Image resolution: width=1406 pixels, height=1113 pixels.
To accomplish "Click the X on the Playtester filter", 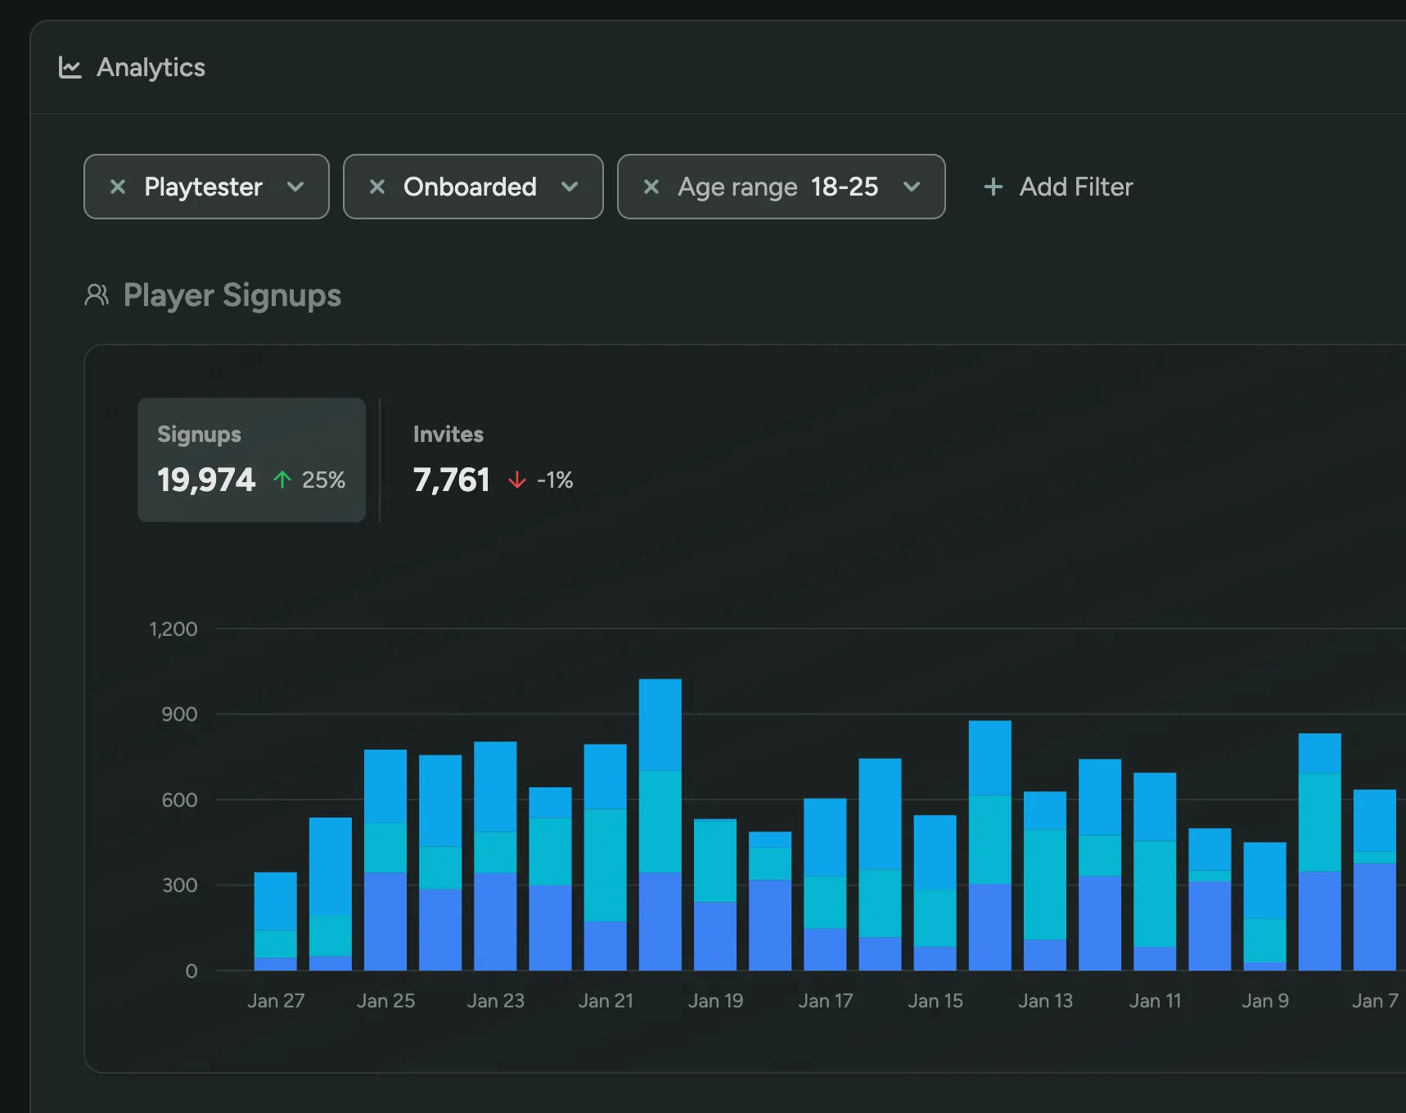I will tap(118, 187).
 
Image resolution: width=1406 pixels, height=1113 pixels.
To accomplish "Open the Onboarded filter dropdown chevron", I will tap(570, 187).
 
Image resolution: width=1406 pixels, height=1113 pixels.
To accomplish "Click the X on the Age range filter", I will tap(651, 187).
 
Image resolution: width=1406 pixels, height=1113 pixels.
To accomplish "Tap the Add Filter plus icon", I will tap(993, 187).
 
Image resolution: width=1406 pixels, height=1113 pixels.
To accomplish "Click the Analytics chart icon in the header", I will tap(70, 68).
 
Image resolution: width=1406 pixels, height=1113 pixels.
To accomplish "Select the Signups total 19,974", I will tap(206, 480).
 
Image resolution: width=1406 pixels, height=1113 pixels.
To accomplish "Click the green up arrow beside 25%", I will tap(282, 480).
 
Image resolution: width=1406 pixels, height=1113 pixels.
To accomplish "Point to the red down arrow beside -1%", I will tap(516, 480).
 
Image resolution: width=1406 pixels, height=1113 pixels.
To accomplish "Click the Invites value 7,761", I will tap(451, 480).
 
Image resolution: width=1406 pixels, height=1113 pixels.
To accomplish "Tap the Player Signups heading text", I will tap(232, 295).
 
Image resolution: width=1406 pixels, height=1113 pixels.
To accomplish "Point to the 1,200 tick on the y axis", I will tap(173, 629).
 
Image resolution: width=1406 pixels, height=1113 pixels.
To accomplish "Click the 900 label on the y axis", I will tap(179, 714).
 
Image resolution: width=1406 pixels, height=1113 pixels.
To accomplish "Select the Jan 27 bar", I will tap(275, 921).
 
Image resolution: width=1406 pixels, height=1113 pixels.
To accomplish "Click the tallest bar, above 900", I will tap(660, 825).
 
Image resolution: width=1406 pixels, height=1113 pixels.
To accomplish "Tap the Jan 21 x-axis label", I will tap(606, 1001).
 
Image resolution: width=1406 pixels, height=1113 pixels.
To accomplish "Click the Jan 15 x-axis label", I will tap(935, 1001).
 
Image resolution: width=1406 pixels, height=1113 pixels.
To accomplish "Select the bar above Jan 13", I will tap(1044, 881).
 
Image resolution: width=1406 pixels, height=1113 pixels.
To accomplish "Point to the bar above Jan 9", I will tap(1264, 906).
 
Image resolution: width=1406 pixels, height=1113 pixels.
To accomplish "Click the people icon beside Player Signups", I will tap(97, 295).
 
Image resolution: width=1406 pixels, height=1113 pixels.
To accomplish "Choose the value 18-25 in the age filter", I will tap(844, 187).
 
